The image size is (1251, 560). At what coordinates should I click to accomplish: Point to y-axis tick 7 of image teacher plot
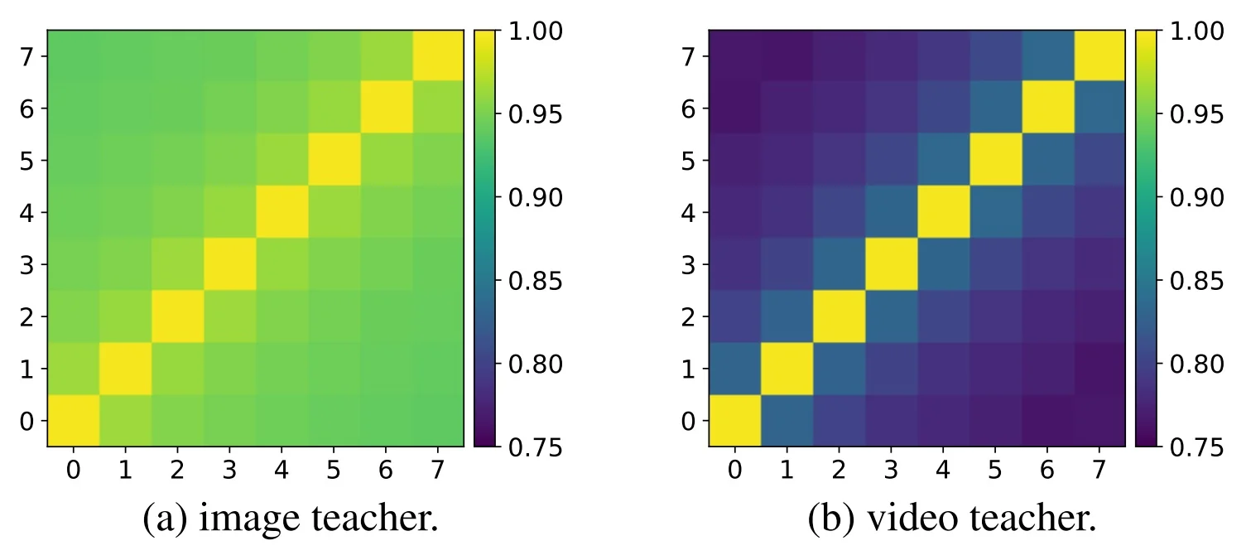(26, 56)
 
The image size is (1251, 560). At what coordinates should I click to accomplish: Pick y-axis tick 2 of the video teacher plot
(687, 316)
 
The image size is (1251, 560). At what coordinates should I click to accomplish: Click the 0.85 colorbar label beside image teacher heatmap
(534, 281)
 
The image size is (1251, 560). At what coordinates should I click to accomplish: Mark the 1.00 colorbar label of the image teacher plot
(534, 31)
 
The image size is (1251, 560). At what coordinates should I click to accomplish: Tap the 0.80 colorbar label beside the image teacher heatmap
(534, 364)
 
